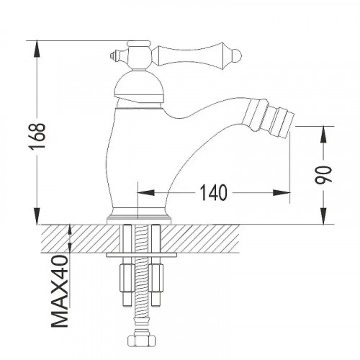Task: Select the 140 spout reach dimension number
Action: pyautogui.click(x=213, y=192)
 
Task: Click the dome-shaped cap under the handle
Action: pyautogui.click(x=140, y=86)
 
